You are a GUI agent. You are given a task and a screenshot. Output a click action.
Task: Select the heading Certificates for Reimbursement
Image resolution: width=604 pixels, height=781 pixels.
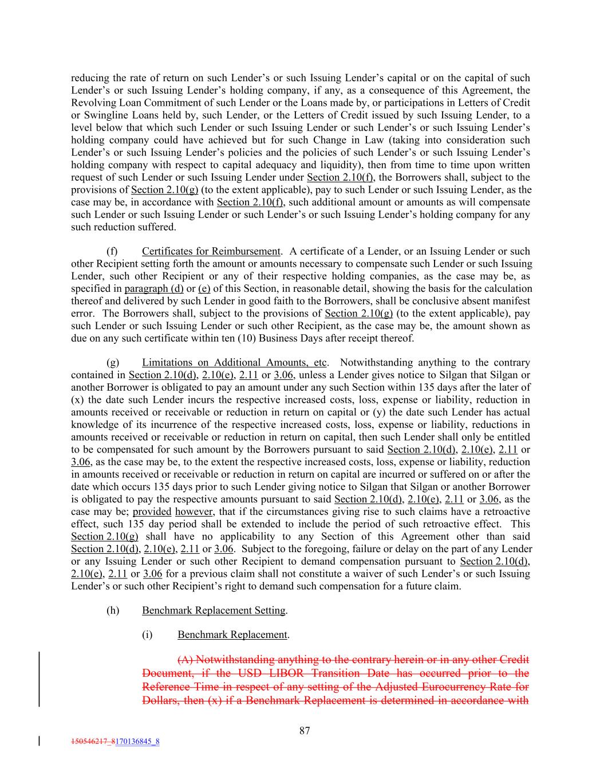point(211,252)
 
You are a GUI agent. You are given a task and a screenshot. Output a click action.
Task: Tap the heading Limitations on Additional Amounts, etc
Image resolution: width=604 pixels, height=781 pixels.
point(235,363)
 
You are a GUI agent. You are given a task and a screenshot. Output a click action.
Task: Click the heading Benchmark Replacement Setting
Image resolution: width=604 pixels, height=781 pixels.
point(214,610)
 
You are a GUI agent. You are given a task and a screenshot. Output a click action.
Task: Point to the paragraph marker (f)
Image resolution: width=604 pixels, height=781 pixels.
point(112,252)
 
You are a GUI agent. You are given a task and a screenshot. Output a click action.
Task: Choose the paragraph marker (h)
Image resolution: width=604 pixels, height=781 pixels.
point(113,610)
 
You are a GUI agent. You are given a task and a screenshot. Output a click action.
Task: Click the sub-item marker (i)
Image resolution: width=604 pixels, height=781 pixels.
point(148,635)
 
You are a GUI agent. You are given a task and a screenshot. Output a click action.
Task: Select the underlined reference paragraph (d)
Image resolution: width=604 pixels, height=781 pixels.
point(154,289)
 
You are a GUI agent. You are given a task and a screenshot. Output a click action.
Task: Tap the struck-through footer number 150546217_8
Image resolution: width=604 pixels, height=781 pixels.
point(93,742)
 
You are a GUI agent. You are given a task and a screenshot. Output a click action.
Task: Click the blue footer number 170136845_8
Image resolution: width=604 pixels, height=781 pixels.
point(137,742)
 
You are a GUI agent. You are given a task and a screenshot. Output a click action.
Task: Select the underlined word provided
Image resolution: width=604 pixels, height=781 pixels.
point(152,512)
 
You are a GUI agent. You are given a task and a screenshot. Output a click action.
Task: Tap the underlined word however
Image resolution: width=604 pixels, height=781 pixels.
point(194,512)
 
